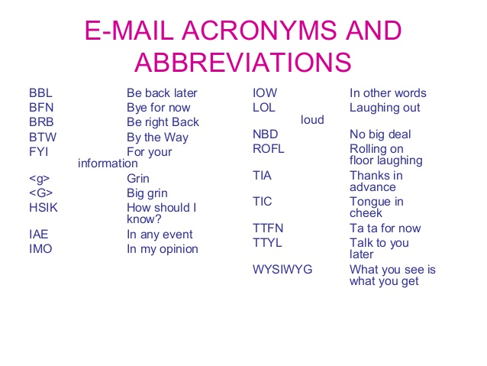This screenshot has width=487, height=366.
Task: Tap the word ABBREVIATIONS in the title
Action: [x=243, y=61]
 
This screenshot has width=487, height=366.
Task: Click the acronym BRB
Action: [x=41, y=122]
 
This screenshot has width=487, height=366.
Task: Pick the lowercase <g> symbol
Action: [x=39, y=179]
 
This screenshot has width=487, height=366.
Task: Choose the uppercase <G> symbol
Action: [x=40, y=193]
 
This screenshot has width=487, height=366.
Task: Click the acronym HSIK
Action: [x=43, y=208]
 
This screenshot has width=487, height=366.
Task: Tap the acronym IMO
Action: [x=40, y=249]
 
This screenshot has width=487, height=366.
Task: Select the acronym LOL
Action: [x=263, y=108]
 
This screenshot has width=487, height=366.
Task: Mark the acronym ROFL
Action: [x=268, y=149]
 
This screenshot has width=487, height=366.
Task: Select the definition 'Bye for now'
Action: [x=159, y=108]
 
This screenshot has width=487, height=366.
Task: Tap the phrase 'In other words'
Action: [x=388, y=93]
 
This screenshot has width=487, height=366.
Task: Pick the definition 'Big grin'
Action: [x=147, y=193]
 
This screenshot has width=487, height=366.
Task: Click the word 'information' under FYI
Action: [x=108, y=163]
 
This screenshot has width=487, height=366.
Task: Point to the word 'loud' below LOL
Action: [x=312, y=120]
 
